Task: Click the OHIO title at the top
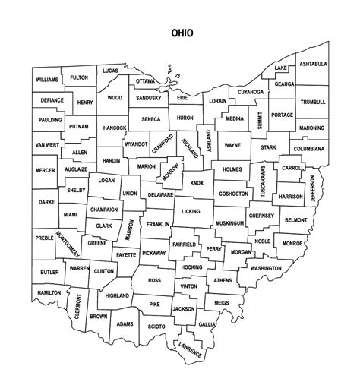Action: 182,33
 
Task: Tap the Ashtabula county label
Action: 311,65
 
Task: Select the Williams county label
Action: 47,80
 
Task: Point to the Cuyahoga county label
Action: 250,92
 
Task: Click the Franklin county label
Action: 158,225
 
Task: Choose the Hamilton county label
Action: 49,292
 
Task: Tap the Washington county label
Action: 266,268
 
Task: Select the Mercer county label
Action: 45,171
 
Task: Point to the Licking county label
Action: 191,210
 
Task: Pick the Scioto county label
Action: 156,327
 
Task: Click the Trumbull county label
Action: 312,102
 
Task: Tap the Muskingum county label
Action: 229,223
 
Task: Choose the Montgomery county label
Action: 67,248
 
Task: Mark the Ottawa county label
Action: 145,80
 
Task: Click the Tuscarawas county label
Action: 263,181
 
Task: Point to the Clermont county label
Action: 78,310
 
